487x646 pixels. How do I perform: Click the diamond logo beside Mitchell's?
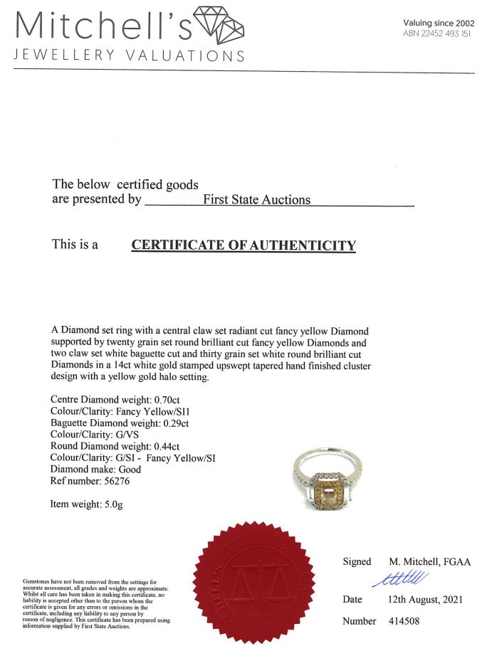[x=219, y=27]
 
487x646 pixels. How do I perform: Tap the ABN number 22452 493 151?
[x=436, y=33]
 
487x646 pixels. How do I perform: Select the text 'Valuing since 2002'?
[x=438, y=23]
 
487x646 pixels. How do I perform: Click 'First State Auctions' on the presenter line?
[x=257, y=200]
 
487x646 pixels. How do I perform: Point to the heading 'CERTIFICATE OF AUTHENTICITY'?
[x=243, y=245]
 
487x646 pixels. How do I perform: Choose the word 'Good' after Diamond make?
[x=131, y=469]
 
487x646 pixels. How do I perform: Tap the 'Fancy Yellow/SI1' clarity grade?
[x=160, y=412]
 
